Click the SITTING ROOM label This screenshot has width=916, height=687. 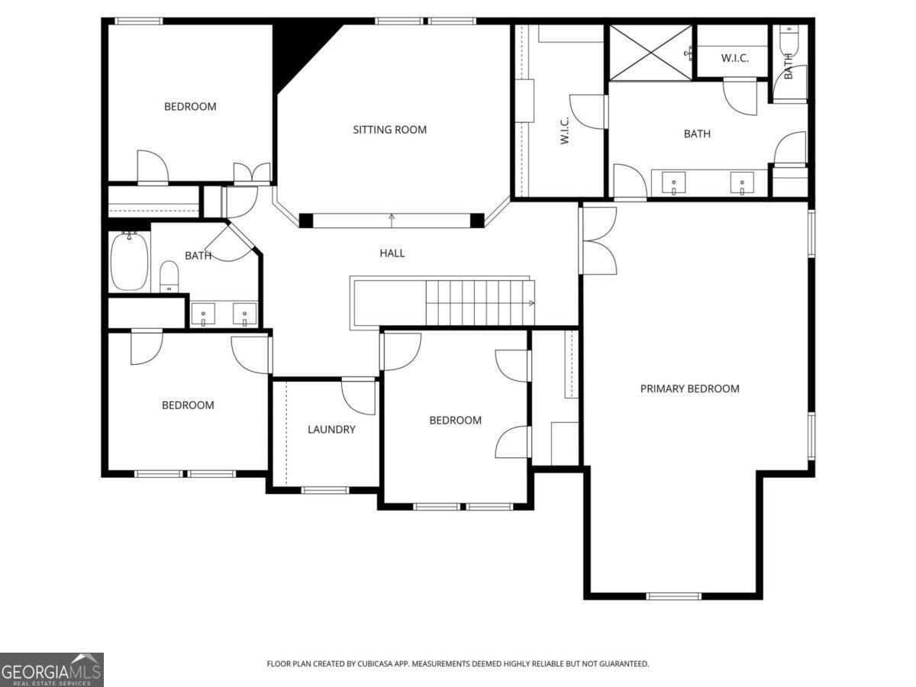coord(390,130)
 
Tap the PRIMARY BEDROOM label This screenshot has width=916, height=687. coord(689,389)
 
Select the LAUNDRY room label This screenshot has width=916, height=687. coord(331,429)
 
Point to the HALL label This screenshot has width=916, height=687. coord(392,253)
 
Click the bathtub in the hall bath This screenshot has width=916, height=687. coord(129,262)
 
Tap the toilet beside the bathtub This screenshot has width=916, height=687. coord(169,276)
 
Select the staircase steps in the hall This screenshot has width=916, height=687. coord(480,303)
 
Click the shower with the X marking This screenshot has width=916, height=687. coord(650,52)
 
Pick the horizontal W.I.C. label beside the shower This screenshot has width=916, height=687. coord(734,58)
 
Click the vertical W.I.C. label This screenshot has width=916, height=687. coord(565,131)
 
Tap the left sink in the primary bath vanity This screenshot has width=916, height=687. coord(673,182)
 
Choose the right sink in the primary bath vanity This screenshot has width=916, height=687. coord(742,182)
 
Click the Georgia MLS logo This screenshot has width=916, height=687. coord(52,669)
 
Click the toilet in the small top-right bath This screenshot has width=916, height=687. coord(789,40)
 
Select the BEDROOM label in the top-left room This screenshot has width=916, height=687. coord(190,107)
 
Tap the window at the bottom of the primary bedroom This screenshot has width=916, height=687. coord(673,596)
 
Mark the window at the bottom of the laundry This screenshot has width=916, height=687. coord(324,490)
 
